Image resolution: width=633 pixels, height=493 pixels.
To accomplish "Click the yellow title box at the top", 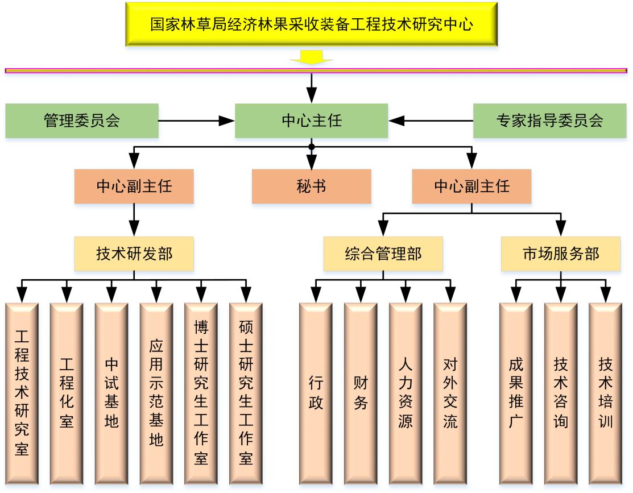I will (311, 24).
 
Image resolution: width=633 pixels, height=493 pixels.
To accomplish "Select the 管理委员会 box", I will (82, 121).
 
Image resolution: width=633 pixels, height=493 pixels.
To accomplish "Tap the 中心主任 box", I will (311, 121).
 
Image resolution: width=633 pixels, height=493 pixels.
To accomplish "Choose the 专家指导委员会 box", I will (549, 121).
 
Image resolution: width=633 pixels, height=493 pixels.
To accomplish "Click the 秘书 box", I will (311, 186).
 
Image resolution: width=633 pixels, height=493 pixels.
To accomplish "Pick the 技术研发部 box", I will (134, 254).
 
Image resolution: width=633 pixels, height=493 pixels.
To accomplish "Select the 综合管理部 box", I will (383, 254).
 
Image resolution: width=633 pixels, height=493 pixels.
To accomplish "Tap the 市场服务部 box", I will (560, 254).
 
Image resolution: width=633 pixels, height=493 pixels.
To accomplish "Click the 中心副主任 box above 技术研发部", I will (134, 186).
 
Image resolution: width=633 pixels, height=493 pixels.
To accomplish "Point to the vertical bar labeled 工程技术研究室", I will (22, 392).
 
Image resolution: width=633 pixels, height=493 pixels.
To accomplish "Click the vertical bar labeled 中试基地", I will (111, 392).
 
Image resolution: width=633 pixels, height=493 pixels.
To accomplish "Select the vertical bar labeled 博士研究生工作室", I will (201, 392).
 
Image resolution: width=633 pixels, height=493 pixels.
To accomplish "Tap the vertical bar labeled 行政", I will (316, 392).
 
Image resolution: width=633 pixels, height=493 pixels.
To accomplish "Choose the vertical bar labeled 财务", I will (361, 392).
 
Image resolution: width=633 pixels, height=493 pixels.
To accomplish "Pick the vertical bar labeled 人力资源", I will (406, 392).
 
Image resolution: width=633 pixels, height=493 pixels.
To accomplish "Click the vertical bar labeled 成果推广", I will (516, 392).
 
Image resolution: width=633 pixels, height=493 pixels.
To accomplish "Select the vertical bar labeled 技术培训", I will (605, 392).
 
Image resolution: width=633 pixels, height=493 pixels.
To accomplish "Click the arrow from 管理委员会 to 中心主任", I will (196, 121).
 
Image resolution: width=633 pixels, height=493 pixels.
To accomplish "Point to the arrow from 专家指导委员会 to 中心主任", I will (431, 121).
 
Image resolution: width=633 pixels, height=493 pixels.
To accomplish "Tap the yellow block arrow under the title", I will (311, 57).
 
